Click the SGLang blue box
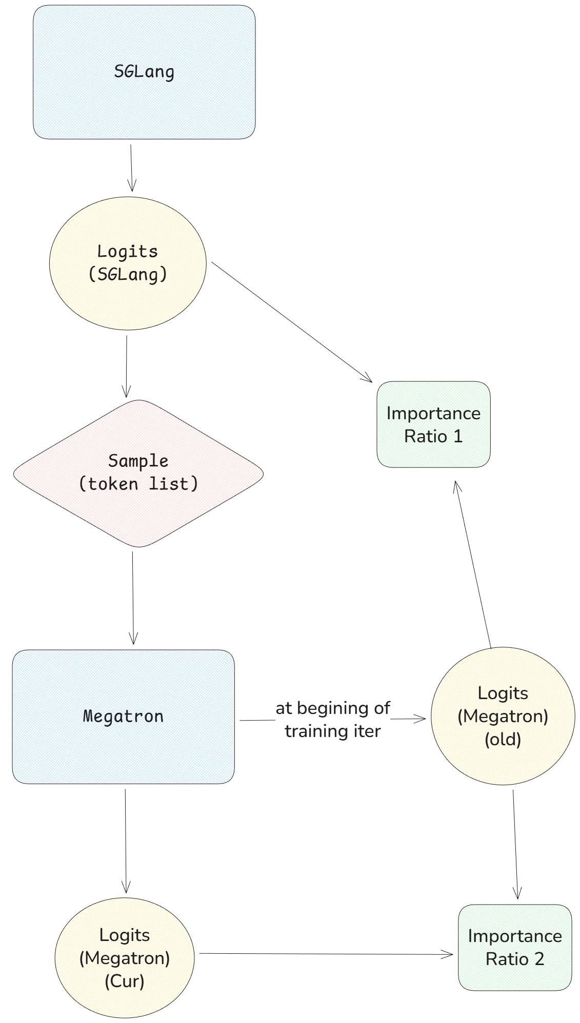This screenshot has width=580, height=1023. (144, 72)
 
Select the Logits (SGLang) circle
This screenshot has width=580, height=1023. (128, 263)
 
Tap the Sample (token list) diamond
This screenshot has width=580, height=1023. (138, 473)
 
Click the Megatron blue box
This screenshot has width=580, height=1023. (123, 716)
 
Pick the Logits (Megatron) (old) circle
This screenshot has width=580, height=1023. (503, 715)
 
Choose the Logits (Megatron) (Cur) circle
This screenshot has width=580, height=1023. (125, 957)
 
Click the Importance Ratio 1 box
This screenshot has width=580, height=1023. (433, 424)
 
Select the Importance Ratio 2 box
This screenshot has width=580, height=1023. (514, 947)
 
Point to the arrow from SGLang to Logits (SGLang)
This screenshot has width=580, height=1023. (131, 168)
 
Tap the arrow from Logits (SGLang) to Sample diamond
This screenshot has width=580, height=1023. (127, 366)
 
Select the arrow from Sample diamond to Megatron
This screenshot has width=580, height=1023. (133, 597)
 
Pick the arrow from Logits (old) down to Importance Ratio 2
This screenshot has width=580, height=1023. (515, 845)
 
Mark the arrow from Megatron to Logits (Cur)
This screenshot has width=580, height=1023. (126, 841)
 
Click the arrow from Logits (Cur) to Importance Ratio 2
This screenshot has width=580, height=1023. (326, 954)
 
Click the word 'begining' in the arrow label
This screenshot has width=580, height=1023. (333, 708)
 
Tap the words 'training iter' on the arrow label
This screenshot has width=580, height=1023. (333, 731)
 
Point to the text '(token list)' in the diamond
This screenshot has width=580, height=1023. (138, 484)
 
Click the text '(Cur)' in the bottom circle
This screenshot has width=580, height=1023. (125, 980)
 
